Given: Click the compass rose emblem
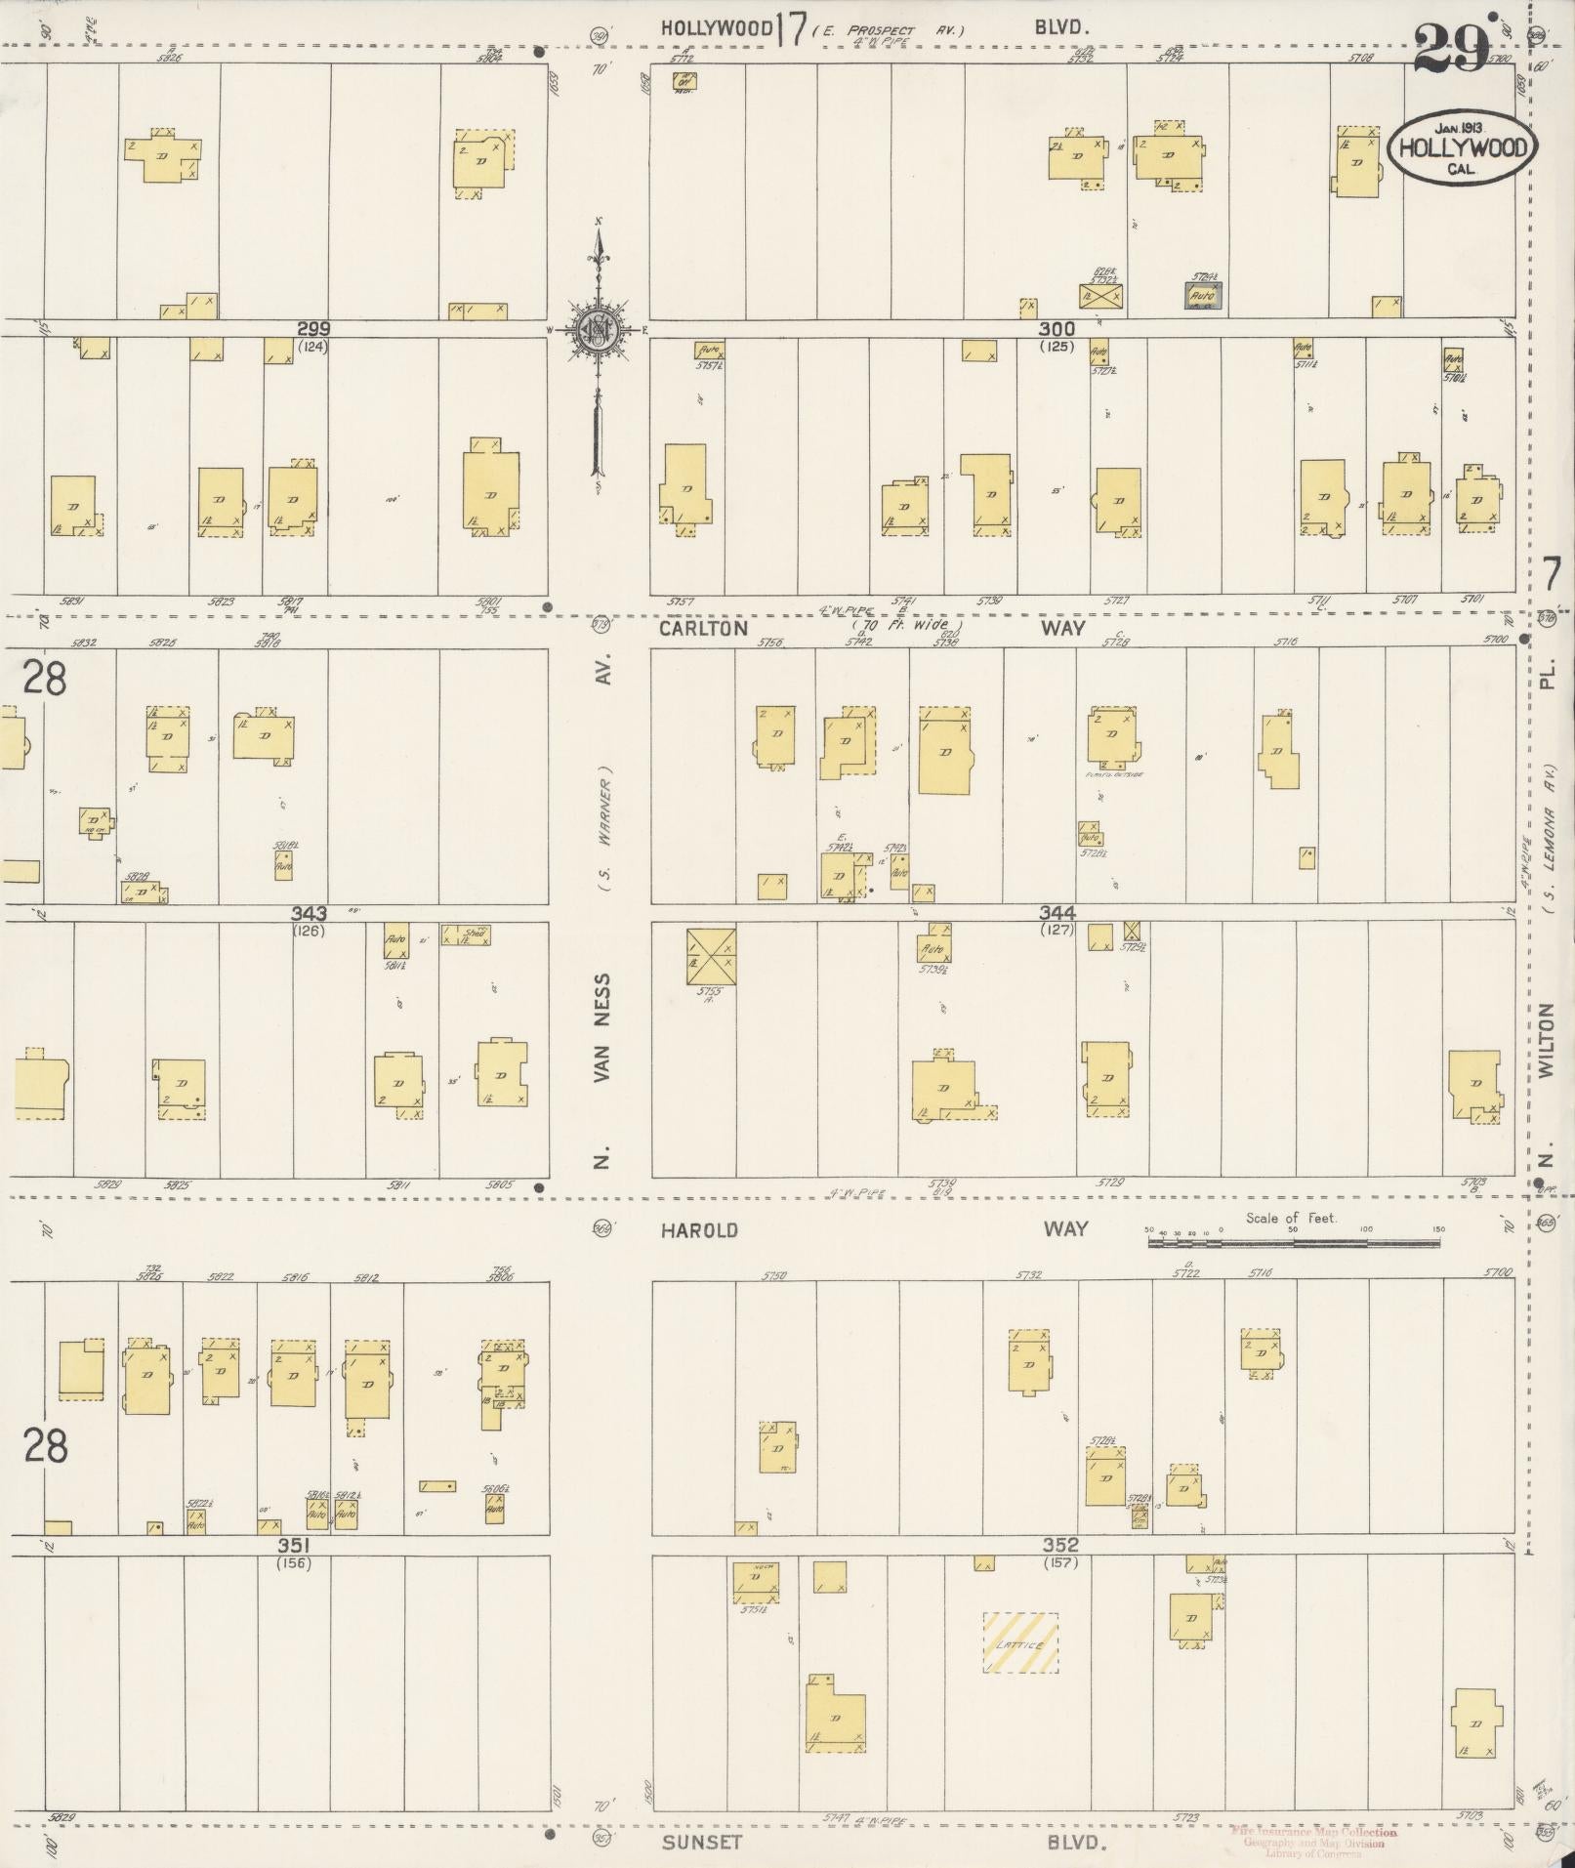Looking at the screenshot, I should tap(596, 331).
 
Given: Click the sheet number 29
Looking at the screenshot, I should tap(1451, 48).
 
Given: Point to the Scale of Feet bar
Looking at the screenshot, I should tap(1293, 1243).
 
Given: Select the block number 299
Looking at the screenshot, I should tap(313, 330).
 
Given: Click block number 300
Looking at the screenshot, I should tap(1057, 330).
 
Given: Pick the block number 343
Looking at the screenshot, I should tap(309, 914).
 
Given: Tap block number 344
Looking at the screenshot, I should tap(1057, 912).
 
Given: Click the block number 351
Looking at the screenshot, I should tap(293, 1546).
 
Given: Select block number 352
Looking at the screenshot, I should tap(1060, 1545).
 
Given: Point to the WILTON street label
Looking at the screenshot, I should tap(1545, 1041).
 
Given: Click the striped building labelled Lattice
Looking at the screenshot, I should tap(1019, 1642).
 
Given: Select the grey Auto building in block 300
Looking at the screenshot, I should tap(1203, 295).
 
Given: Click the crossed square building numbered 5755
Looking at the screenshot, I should tap(711, 956).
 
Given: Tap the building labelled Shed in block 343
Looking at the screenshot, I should tap(466, 934).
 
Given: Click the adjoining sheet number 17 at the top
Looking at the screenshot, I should tap(792, 30).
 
